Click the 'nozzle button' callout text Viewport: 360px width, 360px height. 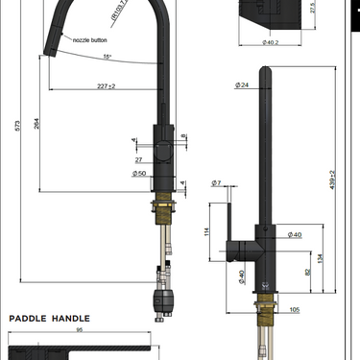87,42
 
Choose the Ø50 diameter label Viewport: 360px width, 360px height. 139,174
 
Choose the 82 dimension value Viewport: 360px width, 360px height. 307,273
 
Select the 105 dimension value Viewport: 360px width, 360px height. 294,310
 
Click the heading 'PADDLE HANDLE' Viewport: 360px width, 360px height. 50,318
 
